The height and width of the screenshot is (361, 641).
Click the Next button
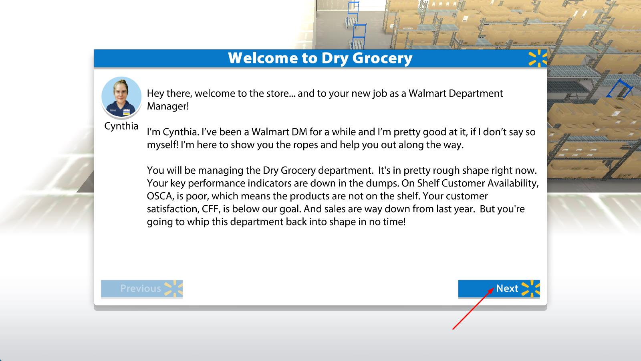click(x=499, y=288)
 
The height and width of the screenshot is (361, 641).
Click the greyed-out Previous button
click(x=142, y=288)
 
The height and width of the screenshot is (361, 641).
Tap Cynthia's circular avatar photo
click(x=121, y=97)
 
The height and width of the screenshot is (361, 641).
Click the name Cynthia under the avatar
click(x=121, y=126)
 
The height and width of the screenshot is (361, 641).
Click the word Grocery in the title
click(x=382, y=59)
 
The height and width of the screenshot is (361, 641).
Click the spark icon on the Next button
click(x=531, y=288)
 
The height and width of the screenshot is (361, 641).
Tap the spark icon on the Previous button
click(x=174, y=288)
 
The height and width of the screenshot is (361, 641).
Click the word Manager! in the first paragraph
click(x=168, y=106)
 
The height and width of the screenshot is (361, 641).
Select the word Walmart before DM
click(x=270, y=132)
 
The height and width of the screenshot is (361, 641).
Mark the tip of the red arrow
click(x=494, y=288)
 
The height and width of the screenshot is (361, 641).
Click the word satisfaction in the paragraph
click(x=172, y=209)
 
